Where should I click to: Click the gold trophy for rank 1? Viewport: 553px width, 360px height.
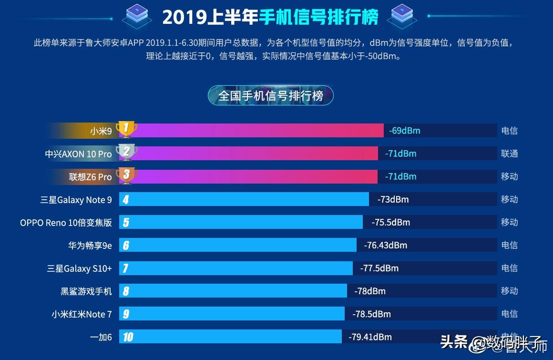[126, 129]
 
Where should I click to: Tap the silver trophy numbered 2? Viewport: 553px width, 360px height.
[126, 152]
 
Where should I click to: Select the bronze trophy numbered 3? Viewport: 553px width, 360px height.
[126, 175]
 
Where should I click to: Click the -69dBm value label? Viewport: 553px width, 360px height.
[404, 131]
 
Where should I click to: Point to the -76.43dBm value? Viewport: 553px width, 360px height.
[385, 246]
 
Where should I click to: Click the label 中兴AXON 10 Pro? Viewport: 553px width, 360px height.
[79, 154]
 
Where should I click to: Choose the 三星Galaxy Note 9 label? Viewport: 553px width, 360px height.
[76, 200]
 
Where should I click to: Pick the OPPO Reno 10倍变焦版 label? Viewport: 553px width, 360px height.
[66, 223]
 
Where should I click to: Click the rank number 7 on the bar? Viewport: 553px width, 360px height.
[125, 268]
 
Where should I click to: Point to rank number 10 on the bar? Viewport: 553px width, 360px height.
[128, 337]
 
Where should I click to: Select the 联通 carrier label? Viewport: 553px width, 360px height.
[509, 154]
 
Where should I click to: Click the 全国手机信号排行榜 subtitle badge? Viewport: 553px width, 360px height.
[270, 96]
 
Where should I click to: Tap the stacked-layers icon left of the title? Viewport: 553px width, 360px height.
[137, 16]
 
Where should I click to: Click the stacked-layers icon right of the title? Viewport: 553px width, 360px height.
[402, 16]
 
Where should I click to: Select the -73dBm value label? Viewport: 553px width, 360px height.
[393, 199]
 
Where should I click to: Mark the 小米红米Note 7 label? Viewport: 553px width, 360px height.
[82, 314]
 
